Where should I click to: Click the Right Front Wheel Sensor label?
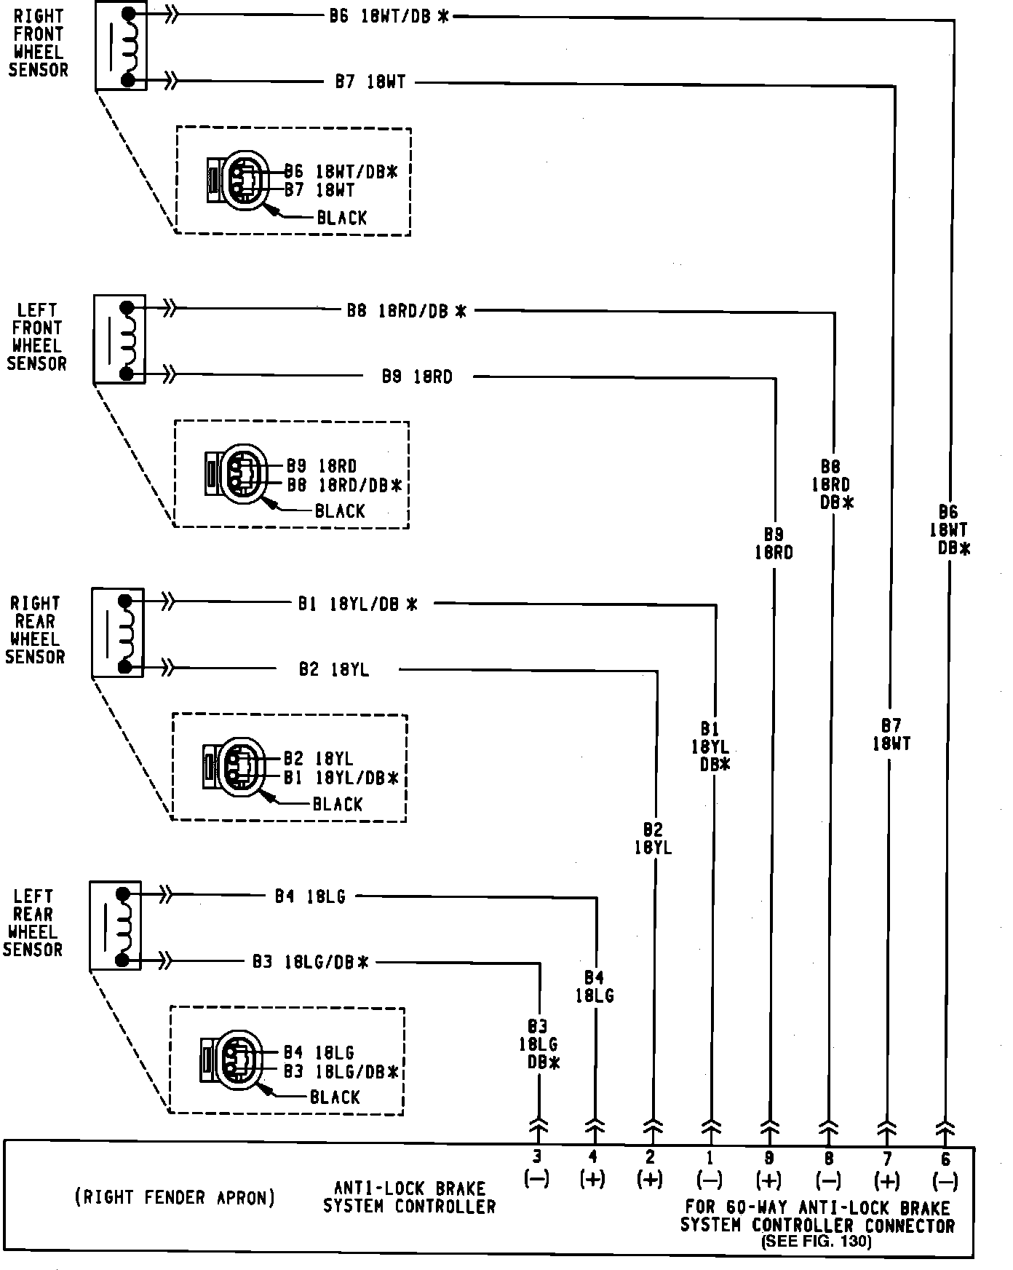pyautogui.click(x=38, y=43)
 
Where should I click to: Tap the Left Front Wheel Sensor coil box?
pyautogui.click(x=120, y=339)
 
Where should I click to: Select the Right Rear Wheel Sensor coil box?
pyautogui.click(x=118, y=633)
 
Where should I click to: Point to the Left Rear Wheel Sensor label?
pyautogui.click(x=33, y=923)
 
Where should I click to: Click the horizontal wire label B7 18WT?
pyautogui.click(x=370, y=82)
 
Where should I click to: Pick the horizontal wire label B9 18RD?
pyautogui.click(x=417, y=376)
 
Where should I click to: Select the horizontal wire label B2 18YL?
pyautogui.click(x=334, y=669)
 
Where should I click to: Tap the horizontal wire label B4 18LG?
pyautogui.click(x=310, y=896)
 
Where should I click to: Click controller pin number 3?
pyautogui.click(x=537, y=1156)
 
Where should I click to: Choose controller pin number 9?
pyautogui.click(x=769, y=1156)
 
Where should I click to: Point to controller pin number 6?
pyautogui.click(x=945, y=1156)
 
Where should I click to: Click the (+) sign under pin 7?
pyautogui.click(x=886, y=1180)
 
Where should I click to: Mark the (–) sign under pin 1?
pyautogui.click(x=710, y=1180)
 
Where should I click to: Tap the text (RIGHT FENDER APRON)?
pyautogui.click(x=175, y=1197)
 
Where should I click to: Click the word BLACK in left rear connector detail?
pyautogui.click(x=335, y=1097)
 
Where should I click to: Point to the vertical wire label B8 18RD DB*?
pyautogui.click(x=833, y=484)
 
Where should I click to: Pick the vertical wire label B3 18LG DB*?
pyautogui.click(x=539, y=1044)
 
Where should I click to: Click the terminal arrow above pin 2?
pyautogui.click(x=653, y=1129)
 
